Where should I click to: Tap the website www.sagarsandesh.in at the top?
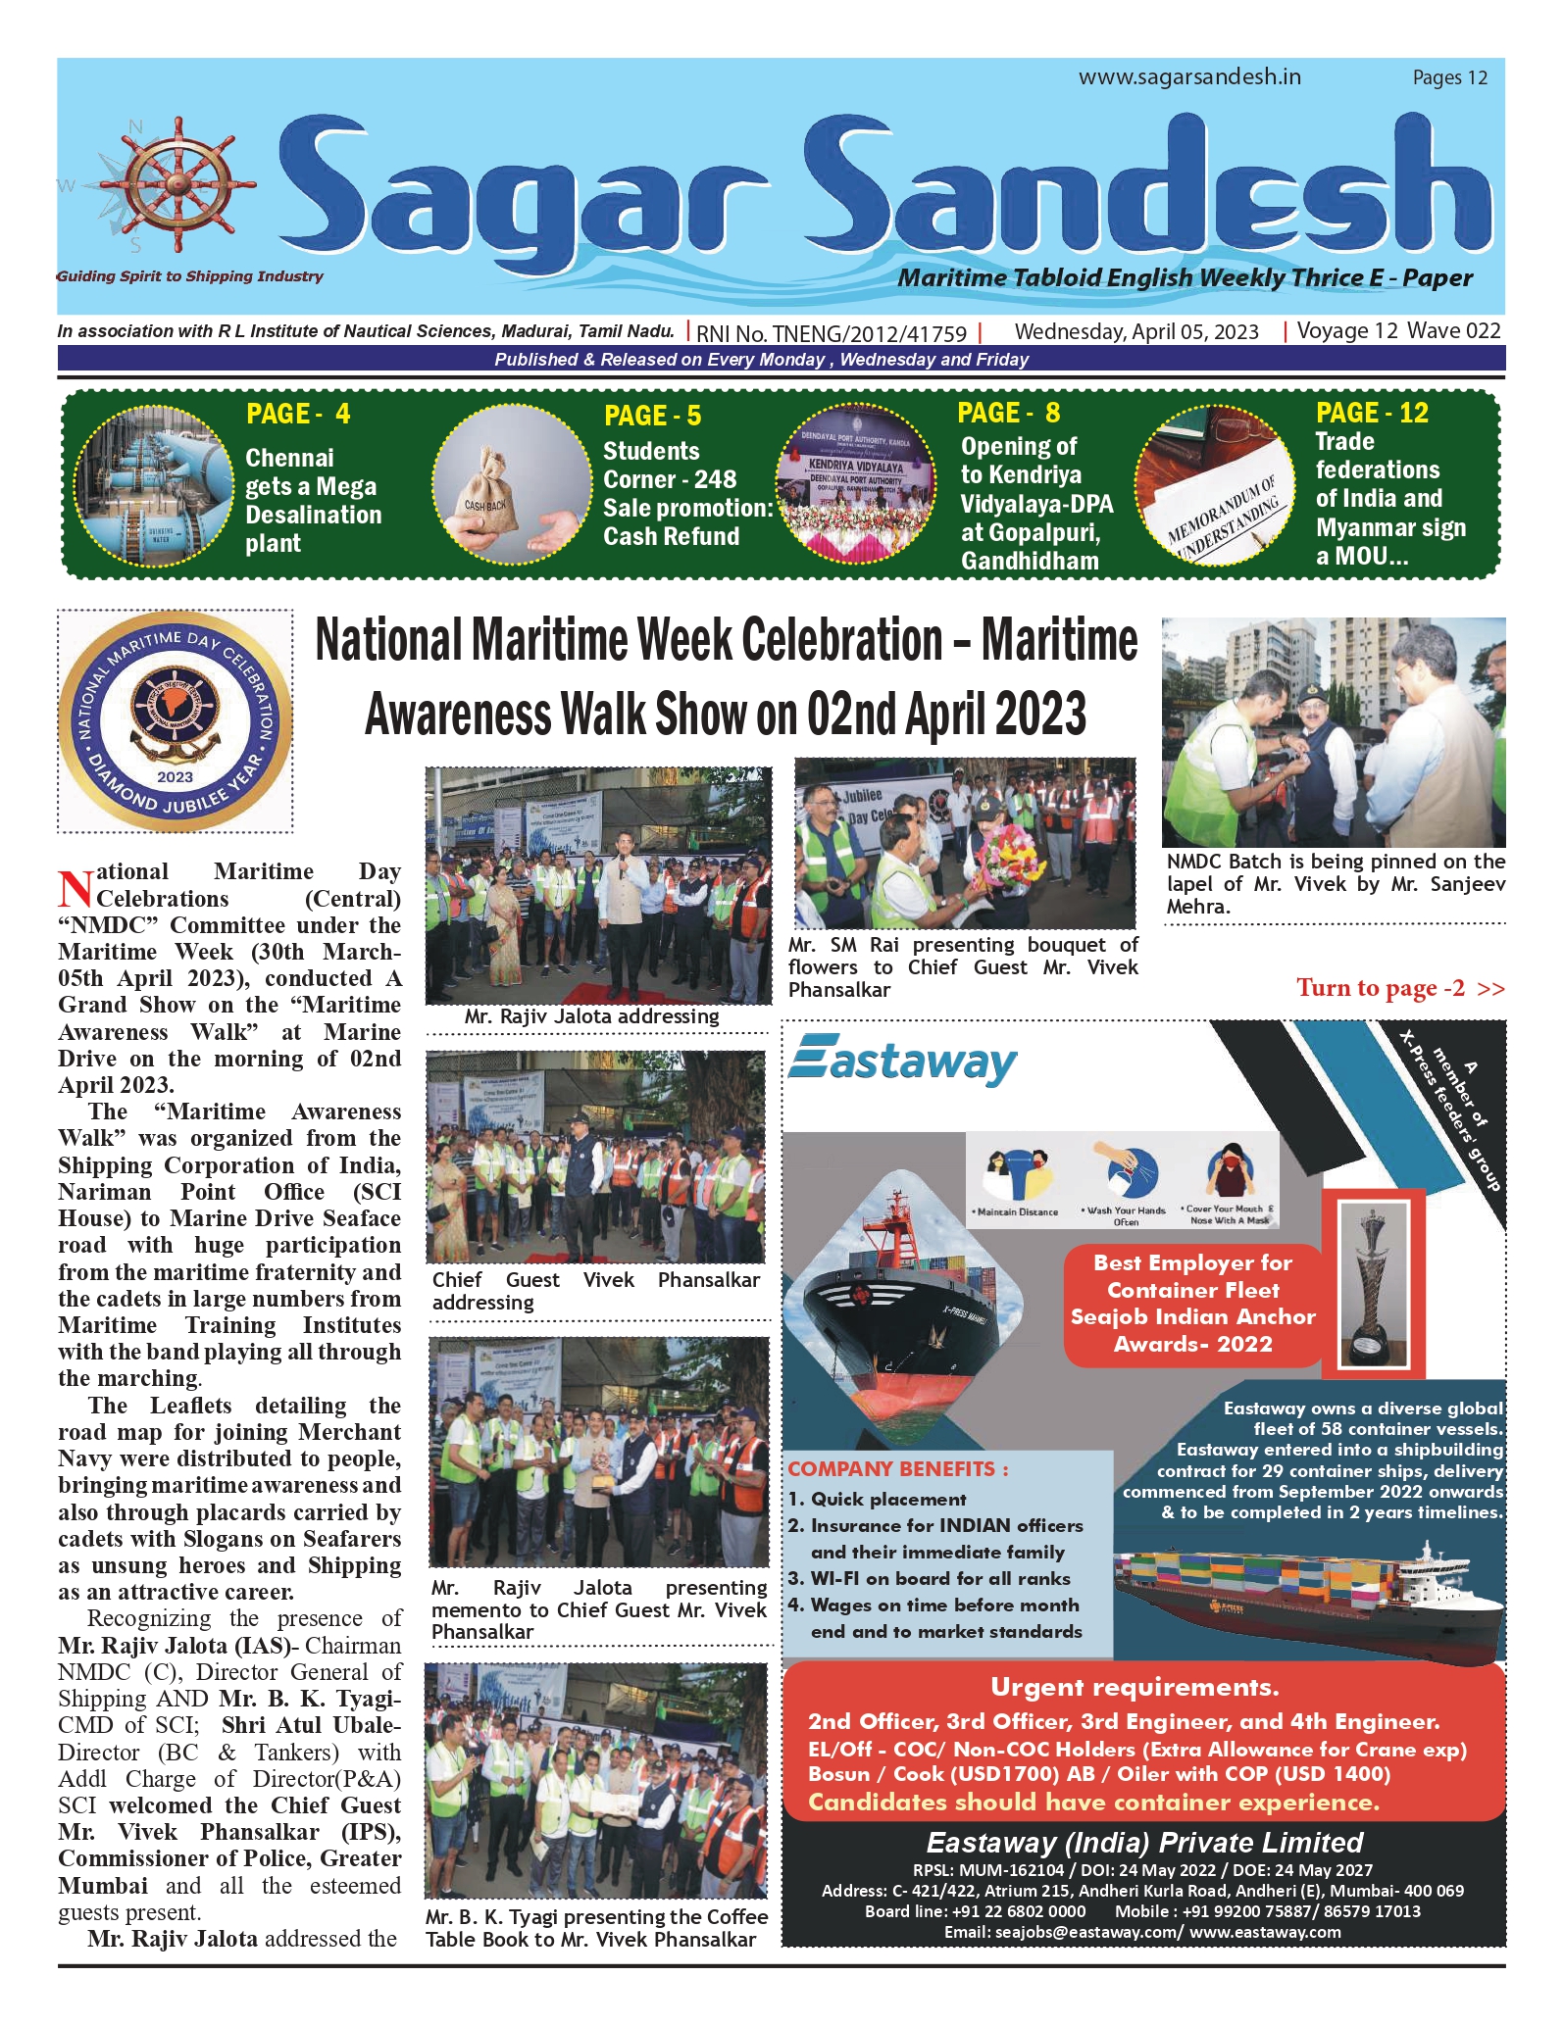[x=1189, y=77]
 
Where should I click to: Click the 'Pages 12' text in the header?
[x=1449, y=77]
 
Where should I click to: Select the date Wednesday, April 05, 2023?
[x=1135, y=331]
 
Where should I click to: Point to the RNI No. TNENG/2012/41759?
[x=831, y=333]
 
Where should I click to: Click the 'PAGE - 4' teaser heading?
[x=298, y=414]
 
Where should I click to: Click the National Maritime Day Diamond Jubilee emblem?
[x=176, y=721]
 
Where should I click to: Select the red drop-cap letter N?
[x=75, y=888]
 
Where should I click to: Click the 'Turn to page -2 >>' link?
[x=1399, y=987]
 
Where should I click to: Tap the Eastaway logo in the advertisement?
[x=903, y=1062]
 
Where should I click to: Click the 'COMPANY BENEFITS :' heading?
[x=897, y=1469]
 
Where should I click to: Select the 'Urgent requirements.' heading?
[x=1135, y=1687]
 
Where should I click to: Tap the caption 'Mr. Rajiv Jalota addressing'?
[x=591, y=1016]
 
